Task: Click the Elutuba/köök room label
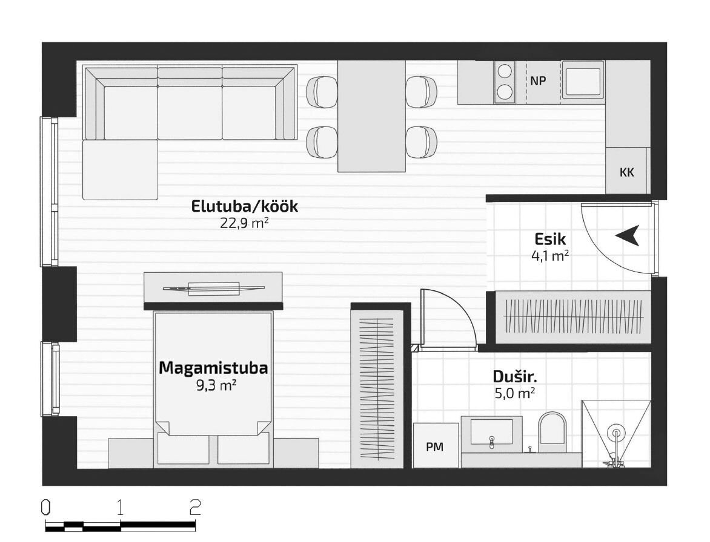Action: click(245, 207)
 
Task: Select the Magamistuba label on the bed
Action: click(213, 368)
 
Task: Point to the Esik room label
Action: click(550, 238)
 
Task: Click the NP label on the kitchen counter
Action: click(538, 81)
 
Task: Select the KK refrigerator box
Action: click(628, 172)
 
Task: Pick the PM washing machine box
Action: click(435, 445)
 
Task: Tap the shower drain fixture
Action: click(616, 433)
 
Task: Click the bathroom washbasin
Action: click(491, 432)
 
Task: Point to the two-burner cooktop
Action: click(505, 82)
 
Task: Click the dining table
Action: click(371, 116)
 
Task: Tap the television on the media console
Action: click(213, 288)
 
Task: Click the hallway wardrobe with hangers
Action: click(573, 318)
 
